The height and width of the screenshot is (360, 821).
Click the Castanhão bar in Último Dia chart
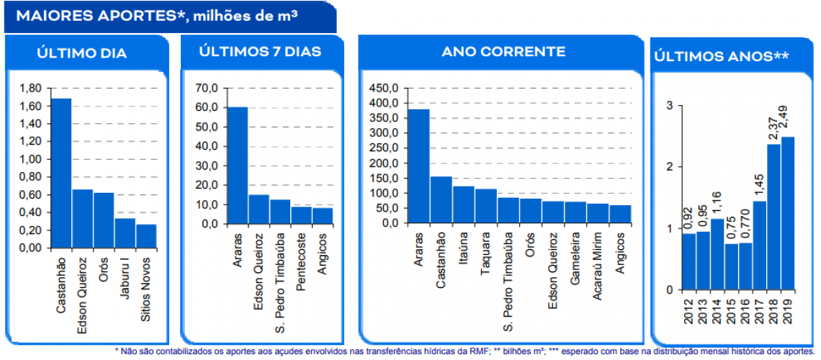pyautogui.click(x=60, y=173)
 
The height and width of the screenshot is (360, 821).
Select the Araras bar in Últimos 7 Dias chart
pyautogui.click(x=238, y=166)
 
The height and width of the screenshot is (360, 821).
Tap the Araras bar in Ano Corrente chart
pyautogui.click(x=419, y=166)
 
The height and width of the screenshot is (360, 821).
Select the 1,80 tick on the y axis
pyautogui.click(x=31, y=89)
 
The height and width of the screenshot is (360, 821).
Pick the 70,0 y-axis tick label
pyautogui.click(x=205, y=89)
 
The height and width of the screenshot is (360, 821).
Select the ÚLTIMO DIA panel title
pyautogui.click(x=81, y=53)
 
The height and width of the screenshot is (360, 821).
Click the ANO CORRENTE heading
pyautogui.click(x=503, y=52)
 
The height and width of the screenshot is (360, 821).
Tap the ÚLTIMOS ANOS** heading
pyautogui.click(x=721, y=55)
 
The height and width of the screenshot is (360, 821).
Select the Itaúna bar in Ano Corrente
pyautogui.click(x=463, y=204)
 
